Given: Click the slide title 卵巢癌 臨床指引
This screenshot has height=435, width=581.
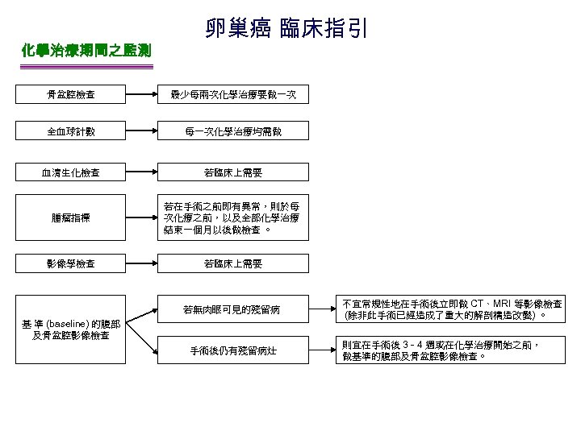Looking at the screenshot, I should [286, 29].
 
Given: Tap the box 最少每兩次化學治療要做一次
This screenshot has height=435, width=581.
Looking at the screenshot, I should [232, 96].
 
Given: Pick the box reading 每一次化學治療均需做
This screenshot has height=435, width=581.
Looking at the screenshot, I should [232, 131].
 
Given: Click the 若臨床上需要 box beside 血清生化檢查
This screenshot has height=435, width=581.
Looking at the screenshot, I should [232, 172].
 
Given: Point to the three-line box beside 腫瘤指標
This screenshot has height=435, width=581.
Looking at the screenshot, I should [232, 217].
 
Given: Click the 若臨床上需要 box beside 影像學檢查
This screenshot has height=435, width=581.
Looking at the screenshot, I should [232, 263].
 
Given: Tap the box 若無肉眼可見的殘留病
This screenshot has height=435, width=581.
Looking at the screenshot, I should [232, 309].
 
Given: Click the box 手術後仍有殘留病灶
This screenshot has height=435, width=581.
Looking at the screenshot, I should [232, 350].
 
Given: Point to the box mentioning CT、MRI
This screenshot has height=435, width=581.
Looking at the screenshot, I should [452, 309].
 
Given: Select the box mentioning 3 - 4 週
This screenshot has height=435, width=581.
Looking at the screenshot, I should [452, 350].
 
